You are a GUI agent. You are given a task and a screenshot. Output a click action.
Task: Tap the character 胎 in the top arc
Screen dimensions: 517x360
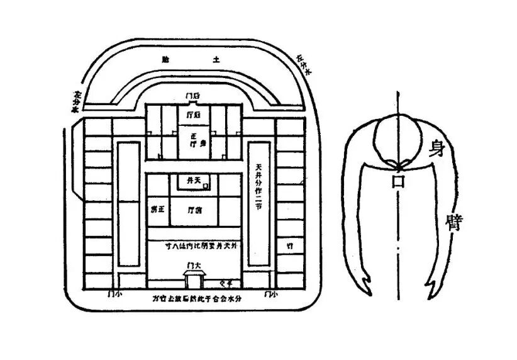165,60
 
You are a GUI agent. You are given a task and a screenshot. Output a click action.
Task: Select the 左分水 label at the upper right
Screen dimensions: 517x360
303,64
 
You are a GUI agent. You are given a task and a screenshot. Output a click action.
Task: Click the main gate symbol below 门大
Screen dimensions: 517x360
193,280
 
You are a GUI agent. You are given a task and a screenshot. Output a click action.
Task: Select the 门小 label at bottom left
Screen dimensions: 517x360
114,293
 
